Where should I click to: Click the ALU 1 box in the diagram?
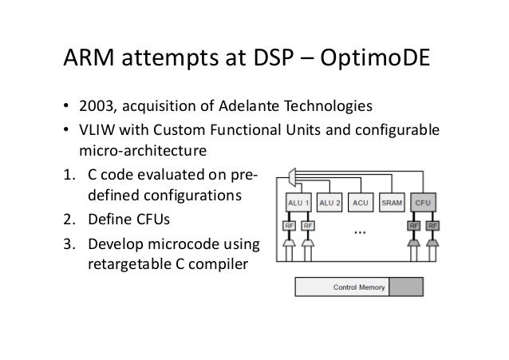pos(298,203)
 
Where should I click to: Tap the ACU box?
pos(362,203)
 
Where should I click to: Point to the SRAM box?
pos(392,203)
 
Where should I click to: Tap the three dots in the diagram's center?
pos(360,232)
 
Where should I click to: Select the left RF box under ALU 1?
pos(290,225)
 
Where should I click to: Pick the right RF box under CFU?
pos(433,225)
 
